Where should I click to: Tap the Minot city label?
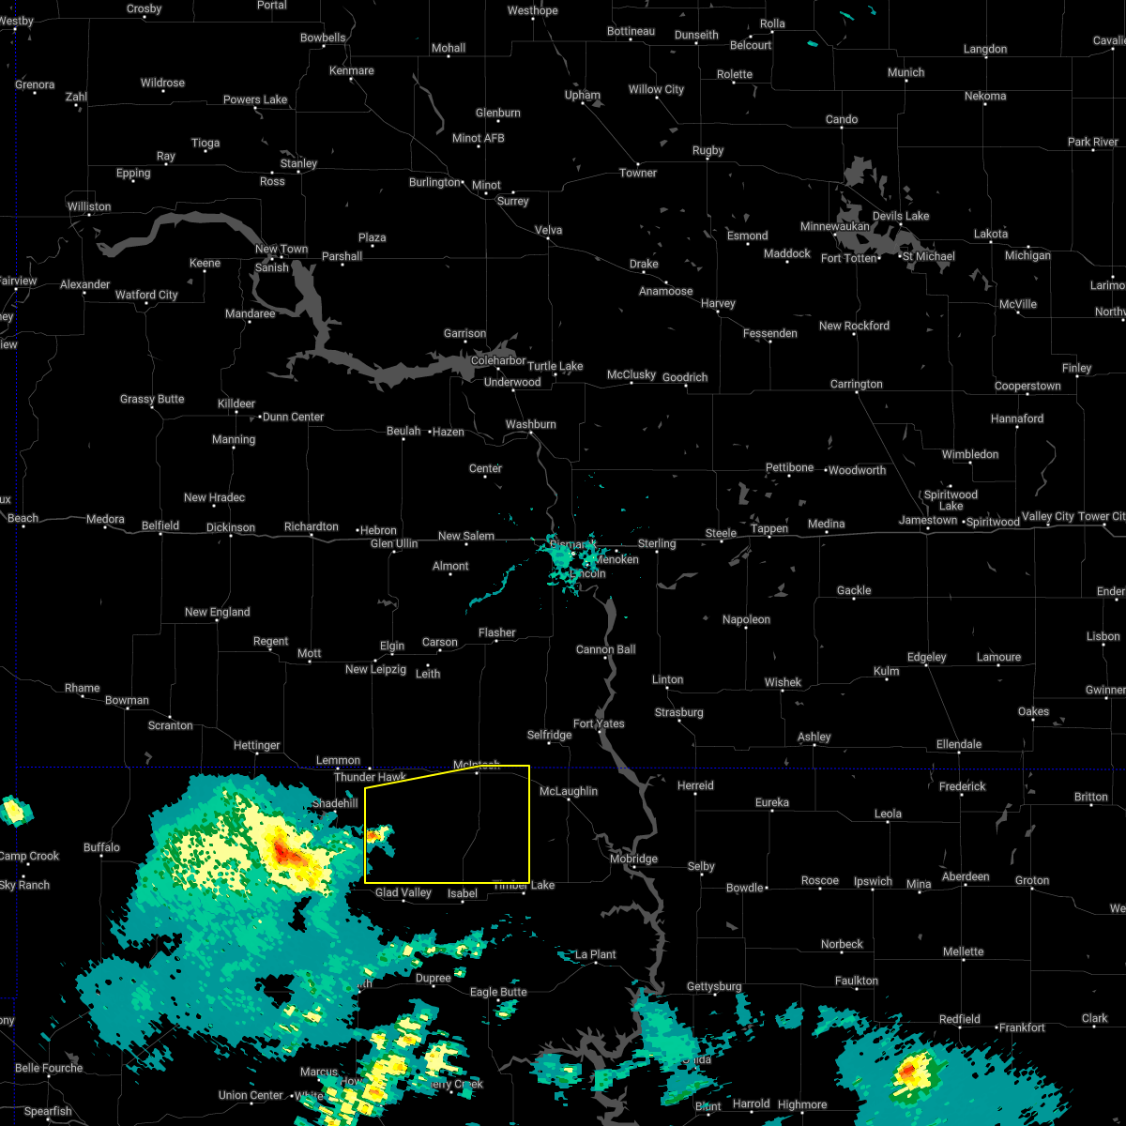point(486,185)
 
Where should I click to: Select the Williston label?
point(89,206)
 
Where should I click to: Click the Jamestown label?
point(928,520)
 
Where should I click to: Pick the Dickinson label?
point(231,527)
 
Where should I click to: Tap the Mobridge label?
point(634,859)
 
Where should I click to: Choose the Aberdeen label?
point(966,876)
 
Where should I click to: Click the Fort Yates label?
point(599,723)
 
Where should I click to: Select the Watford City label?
point(146,295)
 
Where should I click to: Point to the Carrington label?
point(856,384)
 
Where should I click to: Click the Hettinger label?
point(257,745)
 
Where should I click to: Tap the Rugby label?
point(708,150)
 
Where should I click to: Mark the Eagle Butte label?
point(498,992)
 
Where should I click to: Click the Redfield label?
point(960,1019)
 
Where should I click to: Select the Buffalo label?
point(101,847)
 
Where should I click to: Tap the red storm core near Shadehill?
point(285,853)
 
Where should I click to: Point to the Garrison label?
point(465,333)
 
